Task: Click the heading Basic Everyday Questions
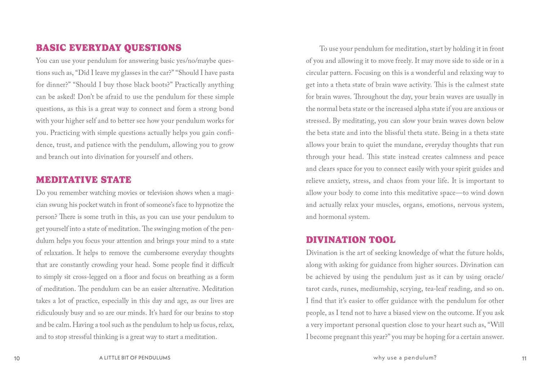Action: coord(108,48)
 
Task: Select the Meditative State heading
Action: coord(84,180)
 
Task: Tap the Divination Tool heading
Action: coord(351,240)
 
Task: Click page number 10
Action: coord(17,358)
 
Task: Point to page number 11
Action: coord(524,358)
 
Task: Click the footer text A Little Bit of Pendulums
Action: coord(135,358)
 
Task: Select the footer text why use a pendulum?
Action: coord(405,358)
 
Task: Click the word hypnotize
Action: coord(196,205)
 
